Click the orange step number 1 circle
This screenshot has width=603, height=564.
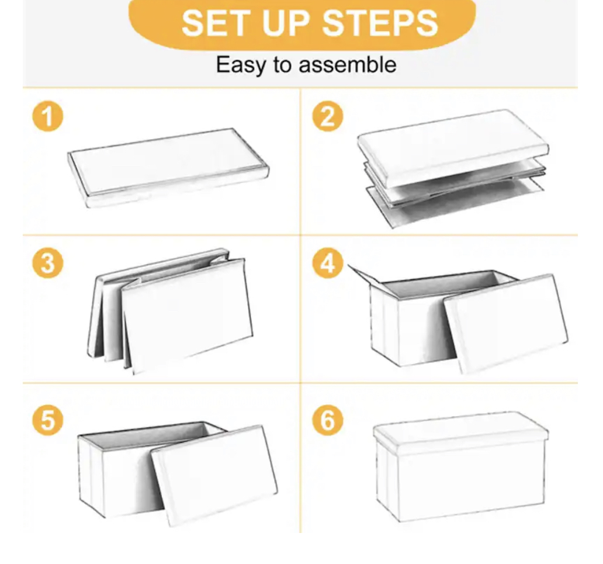pyautogui.click(x=47, y=117)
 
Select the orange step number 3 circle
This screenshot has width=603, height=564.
pyautogui.click(x=47, y=264)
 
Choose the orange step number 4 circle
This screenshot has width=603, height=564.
pyautogui.click(x=327, y=264)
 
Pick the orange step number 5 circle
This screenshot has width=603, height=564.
pyautogui.click(x=47, y=421)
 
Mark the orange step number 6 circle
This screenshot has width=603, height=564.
pyautogui.click(x=327, y=421)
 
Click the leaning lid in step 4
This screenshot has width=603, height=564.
pyautogui.click(x=505, y=321)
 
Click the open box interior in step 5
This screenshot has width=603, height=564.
pyautogui.click(x=152, y=435)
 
